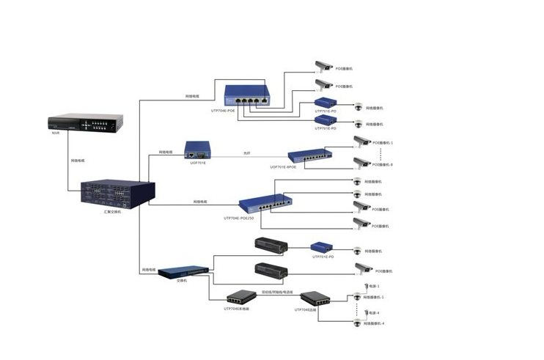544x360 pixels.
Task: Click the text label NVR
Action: [56, 134]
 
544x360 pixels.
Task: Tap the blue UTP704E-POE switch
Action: [247, 94]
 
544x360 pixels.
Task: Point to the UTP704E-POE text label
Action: [223, 111]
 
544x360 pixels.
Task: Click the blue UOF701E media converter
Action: [198, 150]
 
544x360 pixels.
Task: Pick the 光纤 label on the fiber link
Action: [247, 153]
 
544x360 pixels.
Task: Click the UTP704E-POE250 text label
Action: [239, 218]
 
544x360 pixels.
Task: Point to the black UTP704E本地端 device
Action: [238, 298]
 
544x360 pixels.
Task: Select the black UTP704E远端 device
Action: [315, 299]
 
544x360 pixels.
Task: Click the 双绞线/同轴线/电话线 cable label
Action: [277, 292]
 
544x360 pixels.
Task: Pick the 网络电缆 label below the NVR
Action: [78, 160]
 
